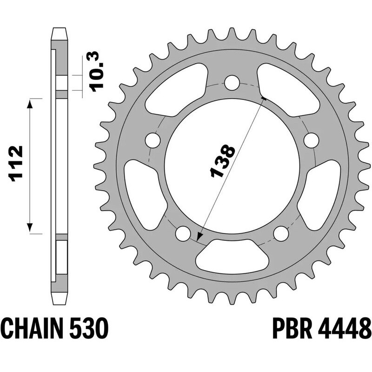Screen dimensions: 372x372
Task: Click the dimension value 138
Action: pyautogui.click(x=223, y=161)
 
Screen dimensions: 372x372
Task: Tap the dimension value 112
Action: pyautogui.click(x=16, y=164)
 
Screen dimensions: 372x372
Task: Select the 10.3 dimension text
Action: pyautogui.click(x=97, y=71)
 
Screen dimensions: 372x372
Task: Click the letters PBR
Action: pyautogui.click(x=292, y=329)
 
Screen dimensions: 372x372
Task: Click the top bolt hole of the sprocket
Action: pyautogui.click(x=232, y=83)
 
